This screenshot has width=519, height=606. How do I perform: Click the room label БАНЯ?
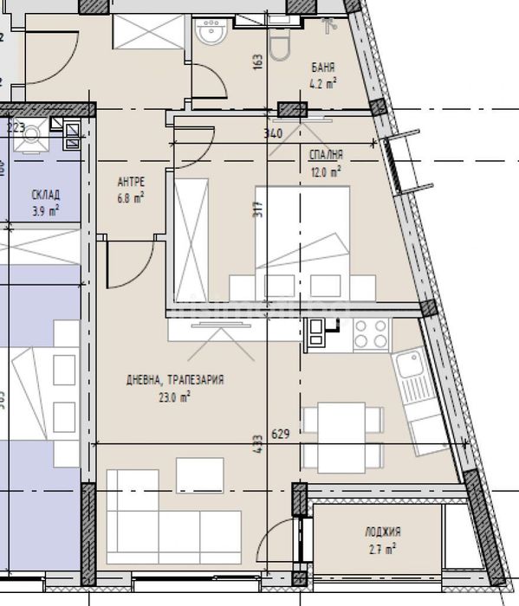coord(323,67)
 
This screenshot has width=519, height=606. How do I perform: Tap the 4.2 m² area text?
coord(324,84)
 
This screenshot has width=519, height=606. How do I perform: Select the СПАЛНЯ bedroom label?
coord(326,155)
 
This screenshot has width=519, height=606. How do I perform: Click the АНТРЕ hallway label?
coord(130,181)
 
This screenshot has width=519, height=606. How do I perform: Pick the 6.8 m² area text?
coord(130,197)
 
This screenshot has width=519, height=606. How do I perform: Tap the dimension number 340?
coord(272,133)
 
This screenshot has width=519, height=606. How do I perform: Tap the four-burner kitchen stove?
coord(370,333)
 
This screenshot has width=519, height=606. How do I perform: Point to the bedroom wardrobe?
coord(192,235)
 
